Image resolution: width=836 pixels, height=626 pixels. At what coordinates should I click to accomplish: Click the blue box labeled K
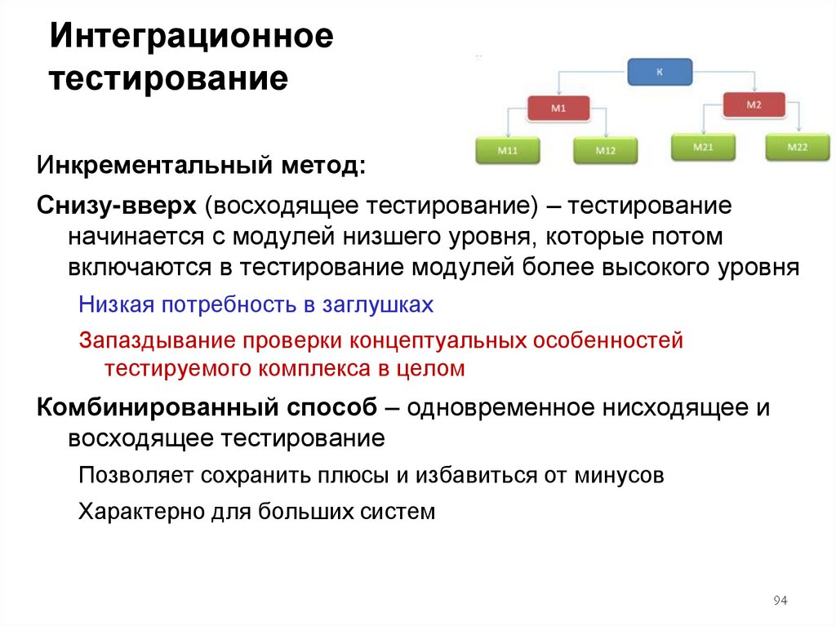pos(660,72)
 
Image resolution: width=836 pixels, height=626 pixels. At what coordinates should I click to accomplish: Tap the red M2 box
pos(754,104)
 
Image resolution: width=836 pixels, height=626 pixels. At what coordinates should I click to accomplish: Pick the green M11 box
pos(507,151)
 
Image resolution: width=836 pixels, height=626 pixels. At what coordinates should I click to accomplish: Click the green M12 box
pos(605,151)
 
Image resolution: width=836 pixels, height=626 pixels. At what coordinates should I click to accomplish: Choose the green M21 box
pos(703,147)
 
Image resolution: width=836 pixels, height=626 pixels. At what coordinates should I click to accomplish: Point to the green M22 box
pos(798,147)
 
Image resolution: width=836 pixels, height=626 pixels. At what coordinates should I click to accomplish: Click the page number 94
pos(779,602)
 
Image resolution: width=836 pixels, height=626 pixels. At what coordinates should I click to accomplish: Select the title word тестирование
pos(170,79)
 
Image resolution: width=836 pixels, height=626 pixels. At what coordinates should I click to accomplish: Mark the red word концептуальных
pos(439,340)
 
